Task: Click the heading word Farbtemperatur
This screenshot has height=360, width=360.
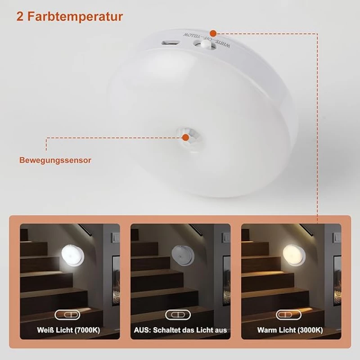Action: pos(75,17)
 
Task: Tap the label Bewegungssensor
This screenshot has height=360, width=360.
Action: pos(55,160)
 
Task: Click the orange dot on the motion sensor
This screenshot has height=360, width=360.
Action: pos(185,138)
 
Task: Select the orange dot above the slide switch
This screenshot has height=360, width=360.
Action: pos(213,33)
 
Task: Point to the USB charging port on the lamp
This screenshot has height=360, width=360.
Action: pos(170,43)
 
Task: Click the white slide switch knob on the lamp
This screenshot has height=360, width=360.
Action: pos(207,43)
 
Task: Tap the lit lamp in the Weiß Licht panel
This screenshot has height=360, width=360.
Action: pos(72,255)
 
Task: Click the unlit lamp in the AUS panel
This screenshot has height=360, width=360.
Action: pos(183,255)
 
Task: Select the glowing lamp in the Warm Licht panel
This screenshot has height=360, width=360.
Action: pos(294,255)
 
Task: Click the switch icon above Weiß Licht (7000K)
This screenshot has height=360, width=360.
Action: pos(67,315)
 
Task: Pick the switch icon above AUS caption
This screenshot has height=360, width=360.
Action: pos(178,315)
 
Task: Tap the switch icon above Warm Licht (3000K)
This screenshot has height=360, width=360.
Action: pos(288,315)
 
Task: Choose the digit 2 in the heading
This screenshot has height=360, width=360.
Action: pos(20,17)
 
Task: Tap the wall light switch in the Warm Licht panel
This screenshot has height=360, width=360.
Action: pos(337,238)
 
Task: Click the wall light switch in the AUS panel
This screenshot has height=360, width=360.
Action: pos(226,238)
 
